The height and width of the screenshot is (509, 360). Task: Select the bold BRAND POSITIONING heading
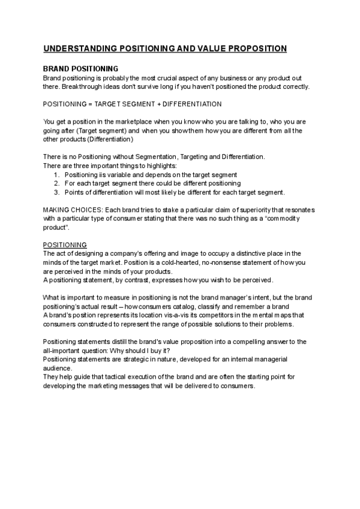80,69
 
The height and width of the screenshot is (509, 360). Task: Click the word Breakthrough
84,86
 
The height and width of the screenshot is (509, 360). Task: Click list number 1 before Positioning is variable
56,175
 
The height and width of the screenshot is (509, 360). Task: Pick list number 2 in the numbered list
56,183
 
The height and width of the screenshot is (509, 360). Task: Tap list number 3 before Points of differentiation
56,192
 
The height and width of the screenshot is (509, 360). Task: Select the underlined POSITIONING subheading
65,245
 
